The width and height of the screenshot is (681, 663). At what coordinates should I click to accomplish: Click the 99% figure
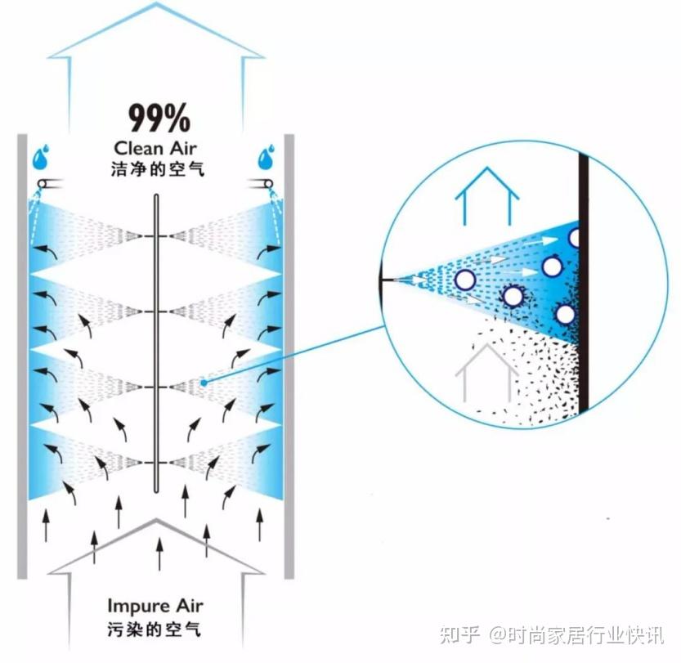(x=159, y=118)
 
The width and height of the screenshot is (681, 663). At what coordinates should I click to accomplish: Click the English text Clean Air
(x=155, y=149)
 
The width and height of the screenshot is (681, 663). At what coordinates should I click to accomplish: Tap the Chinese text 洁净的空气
(x=157, y=169)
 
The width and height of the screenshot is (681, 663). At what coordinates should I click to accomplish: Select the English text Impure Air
(x=155, y=606)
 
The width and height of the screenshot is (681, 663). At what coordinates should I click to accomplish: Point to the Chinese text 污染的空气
(x=155, y=629)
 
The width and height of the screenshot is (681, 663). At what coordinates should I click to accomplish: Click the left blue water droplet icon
(x=41, y=157)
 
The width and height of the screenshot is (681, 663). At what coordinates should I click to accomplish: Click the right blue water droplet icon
(x=267, y=157)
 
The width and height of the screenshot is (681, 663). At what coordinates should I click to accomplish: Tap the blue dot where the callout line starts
(x=204, y=382)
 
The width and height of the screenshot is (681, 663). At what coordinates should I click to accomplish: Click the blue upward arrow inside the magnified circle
(x=487, y=195)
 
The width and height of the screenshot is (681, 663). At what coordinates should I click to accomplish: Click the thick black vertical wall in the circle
(x=584, y=281)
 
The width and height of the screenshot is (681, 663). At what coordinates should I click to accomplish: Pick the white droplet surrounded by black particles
(x=513, y=297)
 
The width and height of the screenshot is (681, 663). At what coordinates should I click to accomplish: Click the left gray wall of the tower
(x=22, y=356)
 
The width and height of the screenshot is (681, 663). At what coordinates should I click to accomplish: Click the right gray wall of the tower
(x=289, y=356)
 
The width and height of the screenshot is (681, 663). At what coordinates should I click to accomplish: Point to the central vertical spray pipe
(x=156, y=343)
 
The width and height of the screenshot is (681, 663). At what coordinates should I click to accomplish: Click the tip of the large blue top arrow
(x=156, y=2)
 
